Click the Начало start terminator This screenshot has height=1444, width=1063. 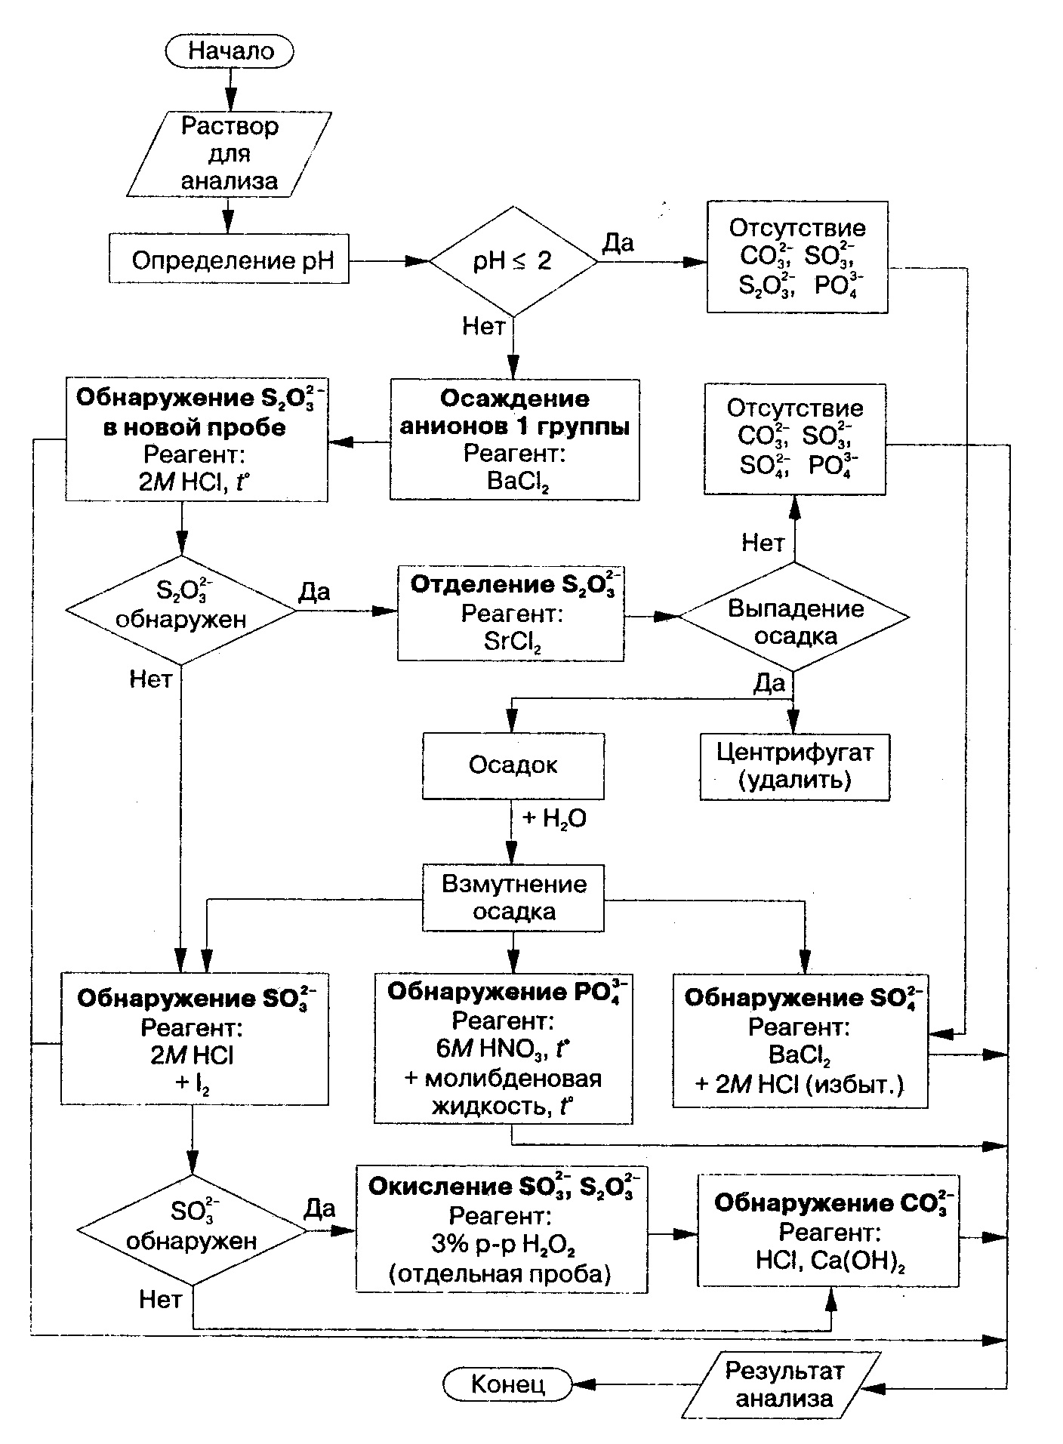[x=230, y=51]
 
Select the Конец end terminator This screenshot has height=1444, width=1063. [x=507, y=1384]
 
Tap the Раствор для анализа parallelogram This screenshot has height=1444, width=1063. [x=230, y=154]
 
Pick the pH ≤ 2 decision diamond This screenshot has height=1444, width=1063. [x=513, y=261]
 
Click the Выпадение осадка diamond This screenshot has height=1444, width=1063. [x=794, y=617]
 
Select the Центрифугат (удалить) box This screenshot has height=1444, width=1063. [x=795, y=766]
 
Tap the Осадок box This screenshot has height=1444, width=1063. [x=513, y=765]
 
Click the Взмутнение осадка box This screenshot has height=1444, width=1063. [x=513, y=897]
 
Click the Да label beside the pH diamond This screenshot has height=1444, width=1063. [x=619, y=243]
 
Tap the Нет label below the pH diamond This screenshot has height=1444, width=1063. [x=483, y=326]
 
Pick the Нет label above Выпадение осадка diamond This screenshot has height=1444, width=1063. [x=763, y=542]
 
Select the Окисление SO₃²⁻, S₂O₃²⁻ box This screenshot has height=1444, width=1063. [x=501, y=1229]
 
